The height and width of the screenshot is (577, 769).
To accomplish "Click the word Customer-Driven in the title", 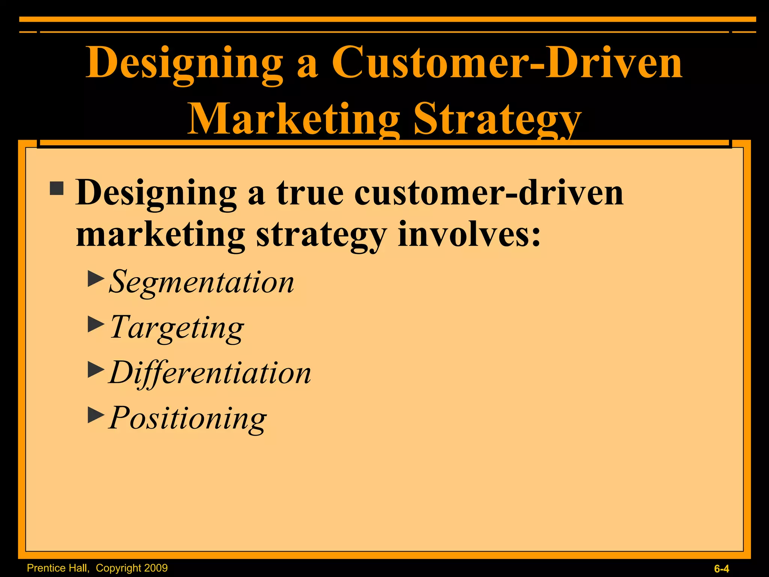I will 507,62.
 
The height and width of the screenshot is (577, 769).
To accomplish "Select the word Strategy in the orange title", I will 498,119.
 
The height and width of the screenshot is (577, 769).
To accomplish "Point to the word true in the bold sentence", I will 310,192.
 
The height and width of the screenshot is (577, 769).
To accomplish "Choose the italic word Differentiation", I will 210,373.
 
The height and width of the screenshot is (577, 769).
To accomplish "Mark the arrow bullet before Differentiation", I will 96,370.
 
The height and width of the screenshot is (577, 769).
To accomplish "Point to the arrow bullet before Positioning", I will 96,415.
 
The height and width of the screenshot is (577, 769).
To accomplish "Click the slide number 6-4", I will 721,569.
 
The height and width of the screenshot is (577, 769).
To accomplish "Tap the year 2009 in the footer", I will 155,568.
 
